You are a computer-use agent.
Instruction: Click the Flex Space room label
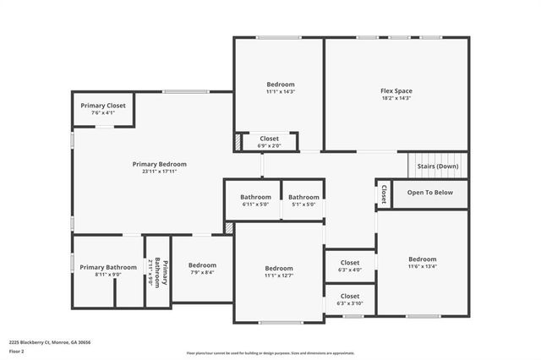point(396,90)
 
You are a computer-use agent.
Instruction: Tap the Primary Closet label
point(103,106)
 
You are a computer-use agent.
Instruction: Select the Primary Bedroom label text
point(159,164)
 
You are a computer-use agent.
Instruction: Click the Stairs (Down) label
point(438,166)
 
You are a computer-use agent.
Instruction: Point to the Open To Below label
point(429,193)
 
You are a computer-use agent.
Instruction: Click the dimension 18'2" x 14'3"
point(396,98)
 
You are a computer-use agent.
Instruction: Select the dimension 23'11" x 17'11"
point(159,172)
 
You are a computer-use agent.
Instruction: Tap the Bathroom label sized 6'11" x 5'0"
point(254,197)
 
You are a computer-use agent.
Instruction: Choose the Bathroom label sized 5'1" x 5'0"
point(303,197)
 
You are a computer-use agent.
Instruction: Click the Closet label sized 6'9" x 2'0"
point(269,138)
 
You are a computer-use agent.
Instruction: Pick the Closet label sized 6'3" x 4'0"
point(349,263)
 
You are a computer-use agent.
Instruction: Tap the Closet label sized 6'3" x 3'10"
point(349,297)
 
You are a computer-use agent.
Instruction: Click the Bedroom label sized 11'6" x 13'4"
point(422,259)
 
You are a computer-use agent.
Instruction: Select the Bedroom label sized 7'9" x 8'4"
point(202,265)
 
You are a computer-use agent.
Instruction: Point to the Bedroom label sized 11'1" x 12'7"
point(278,268)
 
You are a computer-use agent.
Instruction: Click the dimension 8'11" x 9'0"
point(108,275)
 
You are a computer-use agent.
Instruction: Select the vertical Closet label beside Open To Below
point(383,194)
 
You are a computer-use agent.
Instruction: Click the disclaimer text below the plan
point(270,353)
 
